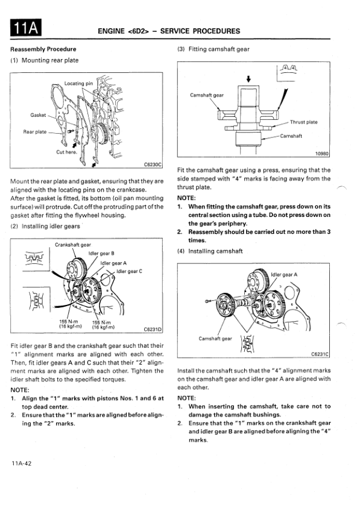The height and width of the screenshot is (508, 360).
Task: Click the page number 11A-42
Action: (21, 463)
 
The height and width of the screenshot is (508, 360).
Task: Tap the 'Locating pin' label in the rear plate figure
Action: (78, 84)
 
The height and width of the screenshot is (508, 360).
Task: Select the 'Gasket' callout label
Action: (38, 115)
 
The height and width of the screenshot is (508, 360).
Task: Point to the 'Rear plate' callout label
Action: (35, 132)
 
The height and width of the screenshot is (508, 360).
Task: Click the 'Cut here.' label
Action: (66, 152)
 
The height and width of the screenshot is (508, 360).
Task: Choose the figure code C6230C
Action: (153, 165)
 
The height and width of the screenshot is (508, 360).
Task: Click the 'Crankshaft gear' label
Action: (73, 245)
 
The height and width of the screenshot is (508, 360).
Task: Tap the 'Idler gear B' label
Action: (101, 253)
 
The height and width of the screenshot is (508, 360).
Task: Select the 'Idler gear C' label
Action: (129, 271)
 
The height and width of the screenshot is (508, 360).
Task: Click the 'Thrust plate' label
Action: (303, 122)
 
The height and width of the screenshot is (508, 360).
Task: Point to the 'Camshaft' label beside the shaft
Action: (291, 136)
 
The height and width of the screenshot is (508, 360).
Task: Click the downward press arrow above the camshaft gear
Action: (248, 79)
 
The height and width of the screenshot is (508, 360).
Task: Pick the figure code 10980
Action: (322, 154)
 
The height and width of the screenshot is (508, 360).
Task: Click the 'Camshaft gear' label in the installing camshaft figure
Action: (215, 339)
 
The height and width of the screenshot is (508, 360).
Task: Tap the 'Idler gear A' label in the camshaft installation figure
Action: (284, 275)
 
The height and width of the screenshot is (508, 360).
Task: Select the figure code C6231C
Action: (320, 354)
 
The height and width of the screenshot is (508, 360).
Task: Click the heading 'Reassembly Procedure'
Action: (43, 49)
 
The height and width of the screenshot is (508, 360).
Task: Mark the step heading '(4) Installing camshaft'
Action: (210, 251)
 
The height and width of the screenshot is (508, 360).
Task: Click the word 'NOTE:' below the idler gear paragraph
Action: (20, 390)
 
